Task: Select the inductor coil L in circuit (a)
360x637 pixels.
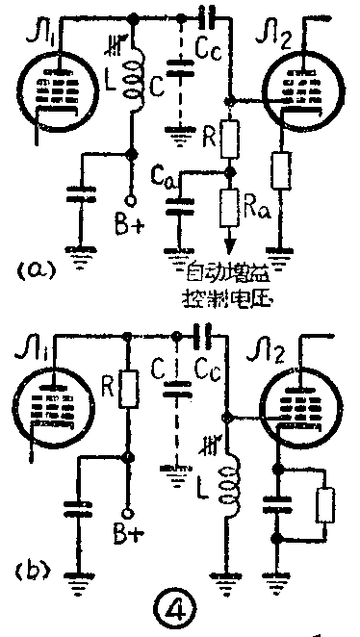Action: click(x=137, y=82)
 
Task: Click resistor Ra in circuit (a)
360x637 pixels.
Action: click(x=229, y=204)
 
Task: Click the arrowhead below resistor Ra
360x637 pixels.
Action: click(x=229, y=242)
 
